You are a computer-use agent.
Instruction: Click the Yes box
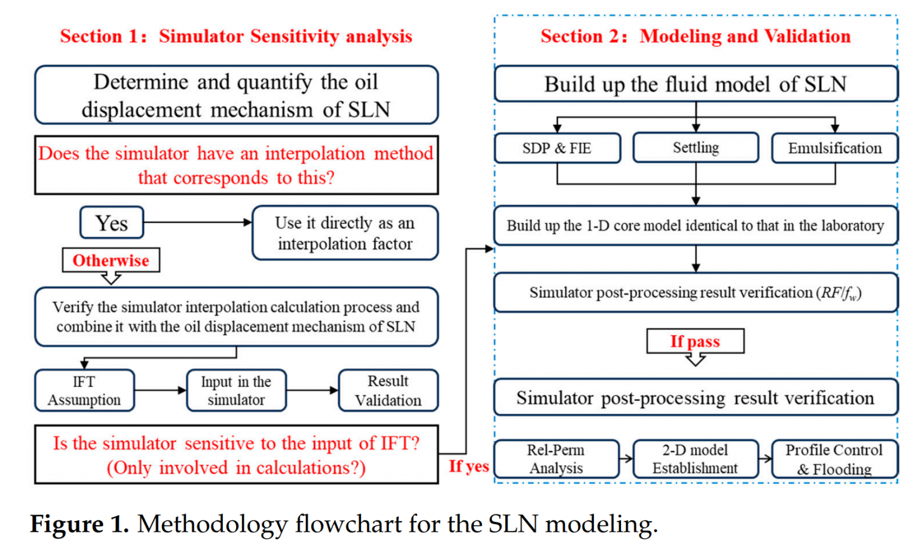(x=112, y=223)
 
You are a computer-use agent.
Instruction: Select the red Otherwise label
(x=111, y=260)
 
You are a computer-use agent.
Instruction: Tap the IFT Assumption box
(x=84, y=391)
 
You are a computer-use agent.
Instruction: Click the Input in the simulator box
(x=236, y=391)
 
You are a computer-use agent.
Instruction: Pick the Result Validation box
(x=388, y=391)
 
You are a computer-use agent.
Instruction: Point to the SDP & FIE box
(x=557, y=148)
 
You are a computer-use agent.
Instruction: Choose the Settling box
(x=696, y=148)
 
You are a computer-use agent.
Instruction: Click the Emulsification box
(x=834, y=148)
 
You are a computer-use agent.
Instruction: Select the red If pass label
(x=695, y=341)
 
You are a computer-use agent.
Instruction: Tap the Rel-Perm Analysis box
(x=556, y=459)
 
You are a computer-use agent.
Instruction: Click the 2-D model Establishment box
(x=695, y=459)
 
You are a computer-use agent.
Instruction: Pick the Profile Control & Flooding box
(x=834, y=459)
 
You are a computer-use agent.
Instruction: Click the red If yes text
(x=469, y=467)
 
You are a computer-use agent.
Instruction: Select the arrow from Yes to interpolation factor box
(x=198, y=222)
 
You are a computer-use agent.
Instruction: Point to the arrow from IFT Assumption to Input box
(x=160, y=391)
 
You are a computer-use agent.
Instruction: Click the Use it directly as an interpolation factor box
(x=345, y=233)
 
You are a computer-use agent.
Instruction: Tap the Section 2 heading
(x=695, y=36)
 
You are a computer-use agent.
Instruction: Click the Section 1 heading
(x=236, y=36)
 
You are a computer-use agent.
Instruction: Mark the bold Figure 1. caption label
(x=79, y=525)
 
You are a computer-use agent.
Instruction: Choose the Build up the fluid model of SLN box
(x=696, y=84)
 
